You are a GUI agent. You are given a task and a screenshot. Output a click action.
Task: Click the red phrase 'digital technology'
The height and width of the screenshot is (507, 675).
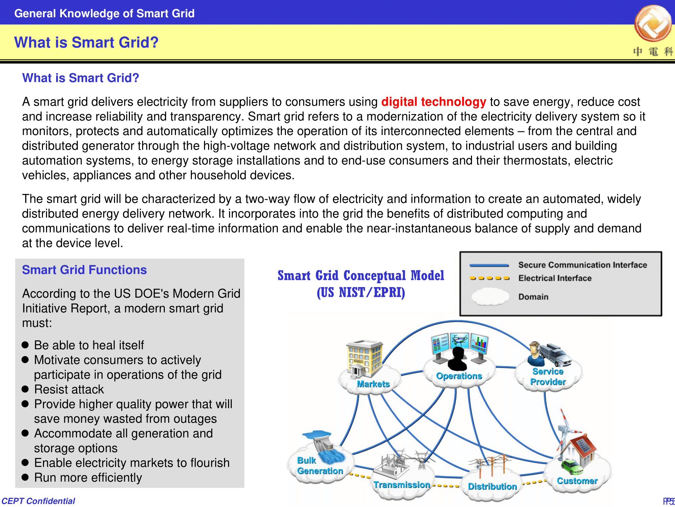(433, 102)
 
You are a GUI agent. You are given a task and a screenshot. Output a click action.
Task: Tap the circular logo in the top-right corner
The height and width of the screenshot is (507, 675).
(653, 23)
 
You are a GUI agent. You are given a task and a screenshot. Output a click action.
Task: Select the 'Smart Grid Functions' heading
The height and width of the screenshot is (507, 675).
(84, 270)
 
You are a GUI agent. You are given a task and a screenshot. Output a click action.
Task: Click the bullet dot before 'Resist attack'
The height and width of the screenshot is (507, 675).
(25, 389)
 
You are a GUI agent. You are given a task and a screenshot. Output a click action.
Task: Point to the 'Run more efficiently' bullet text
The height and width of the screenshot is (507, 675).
(88, 478)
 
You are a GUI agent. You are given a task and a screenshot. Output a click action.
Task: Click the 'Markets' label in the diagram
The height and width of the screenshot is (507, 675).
(373, 384)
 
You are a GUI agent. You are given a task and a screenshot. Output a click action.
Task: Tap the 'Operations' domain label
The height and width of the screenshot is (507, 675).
(459, 376)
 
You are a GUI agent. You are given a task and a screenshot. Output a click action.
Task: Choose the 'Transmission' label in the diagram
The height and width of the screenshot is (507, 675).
(402, 485)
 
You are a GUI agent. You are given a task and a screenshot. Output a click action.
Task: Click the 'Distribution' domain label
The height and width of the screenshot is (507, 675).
(492, 486)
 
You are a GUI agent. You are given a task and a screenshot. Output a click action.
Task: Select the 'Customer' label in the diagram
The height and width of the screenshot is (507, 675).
(577, 481)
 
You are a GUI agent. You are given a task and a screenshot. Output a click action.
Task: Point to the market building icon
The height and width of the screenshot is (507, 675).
(364, 358)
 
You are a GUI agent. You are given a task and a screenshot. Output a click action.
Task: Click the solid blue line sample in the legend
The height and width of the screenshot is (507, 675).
(489, 265)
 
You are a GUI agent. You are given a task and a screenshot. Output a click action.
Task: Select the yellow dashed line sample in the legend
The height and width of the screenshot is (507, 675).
(490, 278)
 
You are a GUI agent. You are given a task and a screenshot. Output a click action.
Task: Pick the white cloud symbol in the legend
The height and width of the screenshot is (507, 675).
(490, 296)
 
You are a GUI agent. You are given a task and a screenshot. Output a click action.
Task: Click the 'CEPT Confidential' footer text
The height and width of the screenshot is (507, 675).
(38, 501)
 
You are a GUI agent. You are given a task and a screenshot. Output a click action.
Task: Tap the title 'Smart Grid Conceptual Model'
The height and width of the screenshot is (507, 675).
(361, 275)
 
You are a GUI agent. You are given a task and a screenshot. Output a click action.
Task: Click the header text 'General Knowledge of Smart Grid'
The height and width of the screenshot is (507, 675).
(104, 14)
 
